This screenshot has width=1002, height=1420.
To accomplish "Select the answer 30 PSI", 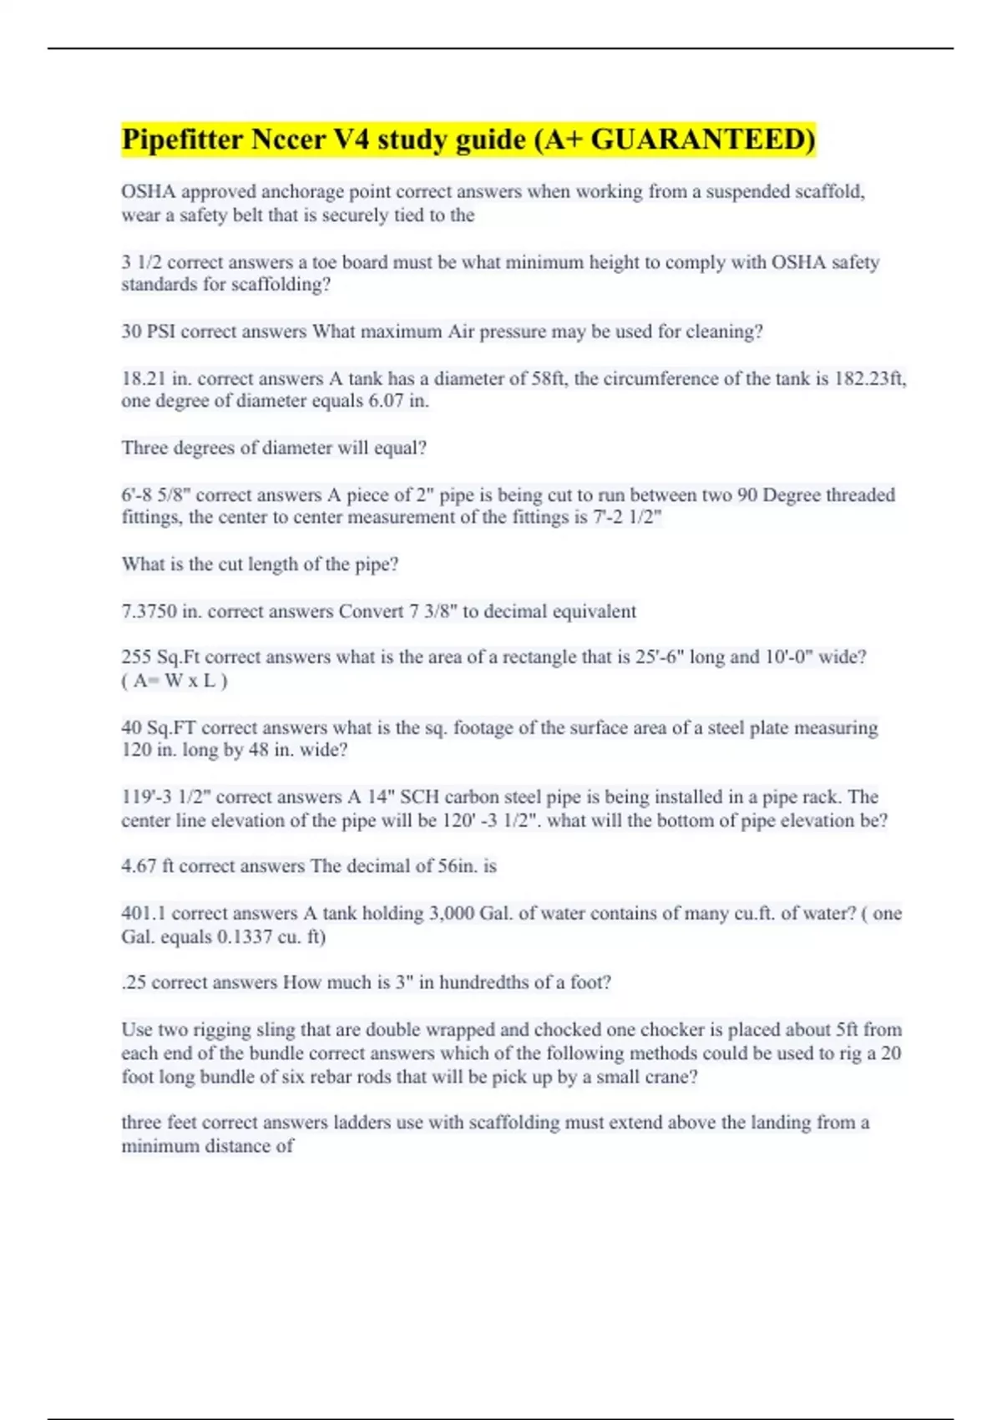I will (148, 332).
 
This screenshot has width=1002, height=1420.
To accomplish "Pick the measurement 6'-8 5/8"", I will (156, 494).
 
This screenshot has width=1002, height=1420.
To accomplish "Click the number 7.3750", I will (149, 611).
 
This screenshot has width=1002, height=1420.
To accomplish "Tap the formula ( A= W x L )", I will (175, 681).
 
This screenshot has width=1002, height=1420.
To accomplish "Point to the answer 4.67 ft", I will (148, 866).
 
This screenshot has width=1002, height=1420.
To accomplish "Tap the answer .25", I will (134, 982).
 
